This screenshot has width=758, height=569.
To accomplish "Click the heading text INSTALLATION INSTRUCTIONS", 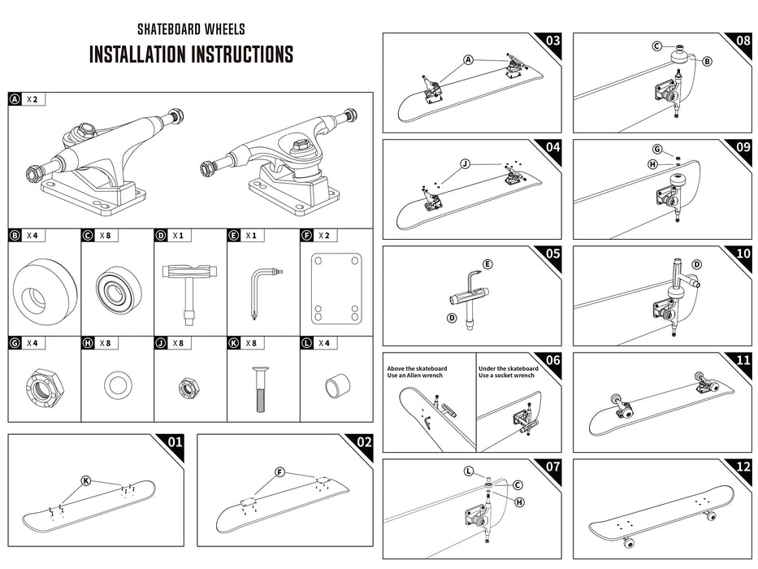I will click(x=191, y=55).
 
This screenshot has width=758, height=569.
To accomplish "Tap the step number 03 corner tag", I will click(x=552, y=41).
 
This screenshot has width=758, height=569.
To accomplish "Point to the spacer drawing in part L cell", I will click(x=336, y=384).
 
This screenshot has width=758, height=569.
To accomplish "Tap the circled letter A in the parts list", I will click(x=15, y=100).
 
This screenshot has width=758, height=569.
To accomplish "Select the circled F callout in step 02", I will click(x=279, y=472).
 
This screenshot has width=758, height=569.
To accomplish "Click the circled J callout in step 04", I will click(x=465, y=163).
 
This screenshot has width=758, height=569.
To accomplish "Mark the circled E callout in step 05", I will click(x=487, y=264).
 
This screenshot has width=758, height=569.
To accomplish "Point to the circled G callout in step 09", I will click(x=657, y=149).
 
